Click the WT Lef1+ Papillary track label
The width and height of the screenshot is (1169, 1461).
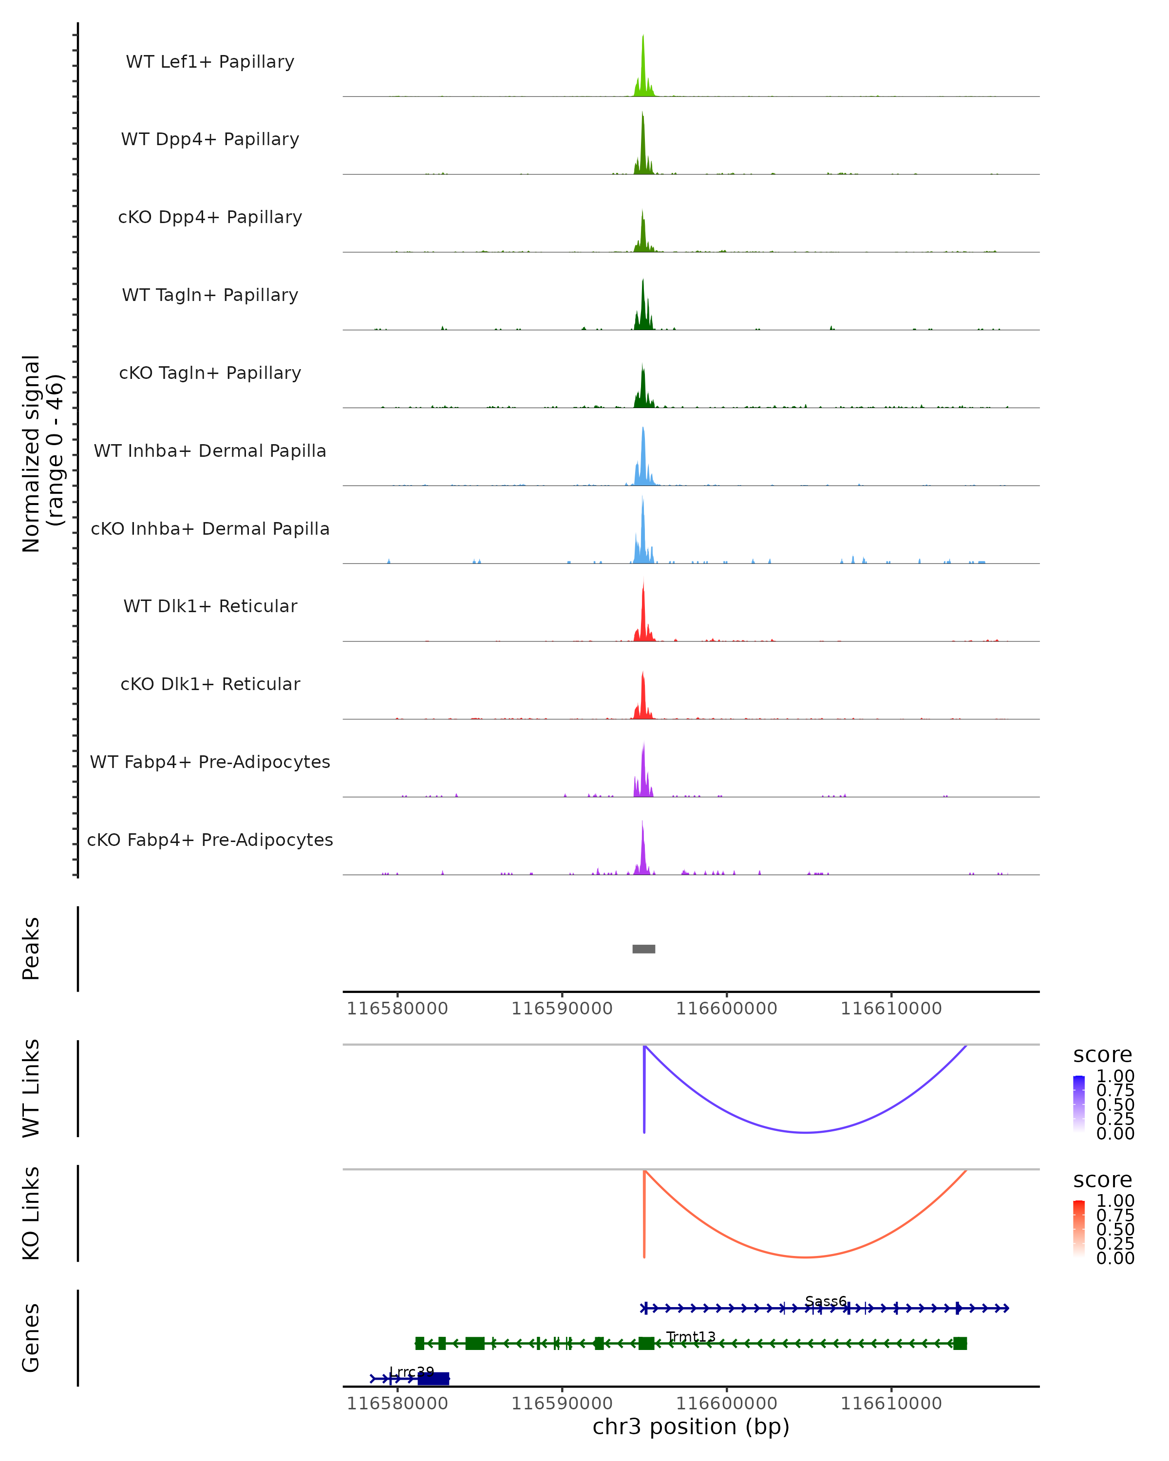pos(210,62)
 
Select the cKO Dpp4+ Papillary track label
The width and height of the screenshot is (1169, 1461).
pos(210,218)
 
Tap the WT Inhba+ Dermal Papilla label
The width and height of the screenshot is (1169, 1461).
pos(210,451)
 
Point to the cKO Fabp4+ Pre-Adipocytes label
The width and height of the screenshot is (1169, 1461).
pos(210,840)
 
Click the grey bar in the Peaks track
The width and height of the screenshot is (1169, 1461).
pos(644,949)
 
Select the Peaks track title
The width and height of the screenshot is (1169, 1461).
pos(31,949)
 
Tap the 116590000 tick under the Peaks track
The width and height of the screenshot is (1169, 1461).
pos(562,1009)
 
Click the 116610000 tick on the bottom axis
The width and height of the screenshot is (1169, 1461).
pos(891,1404)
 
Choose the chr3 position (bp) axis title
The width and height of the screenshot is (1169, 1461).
pos(691,1427)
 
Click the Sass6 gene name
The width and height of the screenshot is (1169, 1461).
pos(826,1301)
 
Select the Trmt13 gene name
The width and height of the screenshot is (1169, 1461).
pos(691,1336)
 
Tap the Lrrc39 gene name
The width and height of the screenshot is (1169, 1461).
pos(412,1372)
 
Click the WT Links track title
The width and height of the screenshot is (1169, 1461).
pos(31,1088)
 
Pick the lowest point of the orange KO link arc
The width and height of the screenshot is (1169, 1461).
pos(805,1257)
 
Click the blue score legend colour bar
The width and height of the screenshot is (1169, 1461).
pos(1079,1104)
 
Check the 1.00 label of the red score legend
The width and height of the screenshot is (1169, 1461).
pos(1115,1201)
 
